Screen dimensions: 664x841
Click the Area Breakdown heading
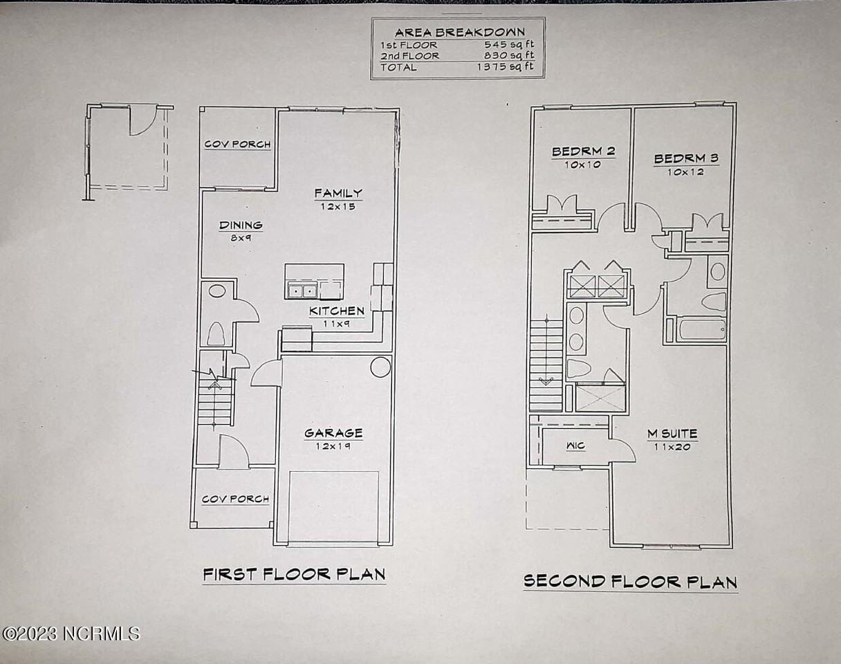coord(459,32)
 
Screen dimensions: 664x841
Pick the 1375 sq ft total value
coord(506,67)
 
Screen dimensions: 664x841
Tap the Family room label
coord(338,193)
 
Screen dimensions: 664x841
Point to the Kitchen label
coord(337,311)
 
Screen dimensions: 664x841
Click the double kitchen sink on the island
coord(302,290)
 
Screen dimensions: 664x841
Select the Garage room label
coord(333,434)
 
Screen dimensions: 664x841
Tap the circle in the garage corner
coord(380,367)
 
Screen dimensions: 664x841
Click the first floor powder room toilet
coord(216,334)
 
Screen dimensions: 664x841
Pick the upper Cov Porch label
coord(237,145)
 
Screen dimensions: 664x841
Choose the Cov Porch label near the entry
coord(235,499)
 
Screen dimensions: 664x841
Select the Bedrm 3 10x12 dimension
coord(685,172)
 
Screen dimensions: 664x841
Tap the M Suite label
coord(672,434)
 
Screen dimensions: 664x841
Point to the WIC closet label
coord(575,446)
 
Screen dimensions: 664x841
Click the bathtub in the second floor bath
coord(702,329)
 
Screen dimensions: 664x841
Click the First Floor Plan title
coord(294,574)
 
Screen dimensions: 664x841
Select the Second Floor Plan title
coord(630,582)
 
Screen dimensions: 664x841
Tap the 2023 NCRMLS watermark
coord(71,633)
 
